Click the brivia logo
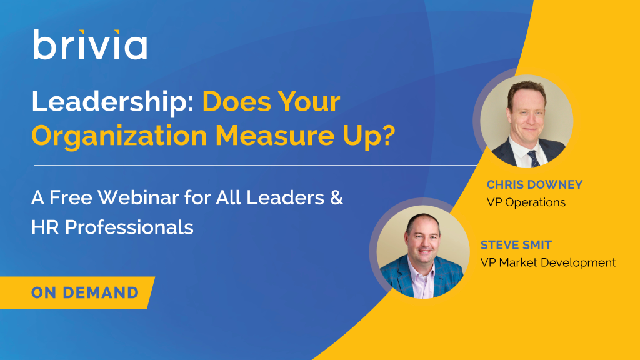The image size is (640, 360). point(90,44)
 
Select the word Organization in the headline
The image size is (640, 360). point(119,136)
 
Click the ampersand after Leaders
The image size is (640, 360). point(337,197)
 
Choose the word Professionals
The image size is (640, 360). point(129,227)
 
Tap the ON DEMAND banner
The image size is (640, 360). point(77,292)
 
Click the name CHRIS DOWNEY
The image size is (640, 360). point(534,184)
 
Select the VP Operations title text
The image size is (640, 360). point(526,202)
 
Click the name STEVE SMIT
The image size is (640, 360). point(516,245)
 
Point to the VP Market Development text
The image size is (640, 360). point(547,262)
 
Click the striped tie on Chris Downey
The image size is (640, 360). point(534,158)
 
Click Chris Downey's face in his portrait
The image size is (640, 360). point(526,116)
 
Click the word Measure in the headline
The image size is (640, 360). point(274,136)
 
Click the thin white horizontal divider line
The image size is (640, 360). point(256,166)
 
